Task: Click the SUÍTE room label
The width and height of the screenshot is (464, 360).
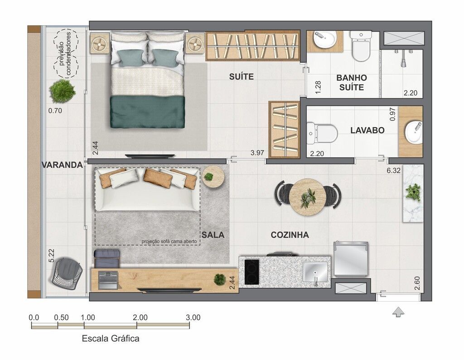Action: coord(241,77)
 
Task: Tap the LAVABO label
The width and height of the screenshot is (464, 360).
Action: coord(367,130)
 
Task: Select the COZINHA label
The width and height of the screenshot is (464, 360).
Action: coord(290,235)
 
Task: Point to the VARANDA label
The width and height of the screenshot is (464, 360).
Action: coord(62,165)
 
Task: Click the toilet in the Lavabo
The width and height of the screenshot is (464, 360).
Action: coord(322,134)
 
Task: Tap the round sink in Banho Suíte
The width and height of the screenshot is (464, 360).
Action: coord(324,39)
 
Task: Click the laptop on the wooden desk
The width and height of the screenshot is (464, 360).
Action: coord(108,279)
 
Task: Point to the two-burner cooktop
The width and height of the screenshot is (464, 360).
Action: coord(251,272)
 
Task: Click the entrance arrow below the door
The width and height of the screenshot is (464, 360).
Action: coord(398,312)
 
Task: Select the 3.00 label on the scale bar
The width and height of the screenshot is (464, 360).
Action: coord(193,317)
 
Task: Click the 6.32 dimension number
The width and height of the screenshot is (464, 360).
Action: coord(394,170)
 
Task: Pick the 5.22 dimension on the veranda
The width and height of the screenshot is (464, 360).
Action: coord(52,255)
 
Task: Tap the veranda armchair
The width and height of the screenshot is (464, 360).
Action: coord(67,272)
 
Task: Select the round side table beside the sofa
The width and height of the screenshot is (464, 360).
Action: coord(214,177)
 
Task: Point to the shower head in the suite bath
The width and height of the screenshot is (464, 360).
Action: coord(403,63)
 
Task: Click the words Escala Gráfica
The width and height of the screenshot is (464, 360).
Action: coord(111,338)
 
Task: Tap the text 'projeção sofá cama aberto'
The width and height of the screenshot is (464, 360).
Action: coord(169,241)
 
